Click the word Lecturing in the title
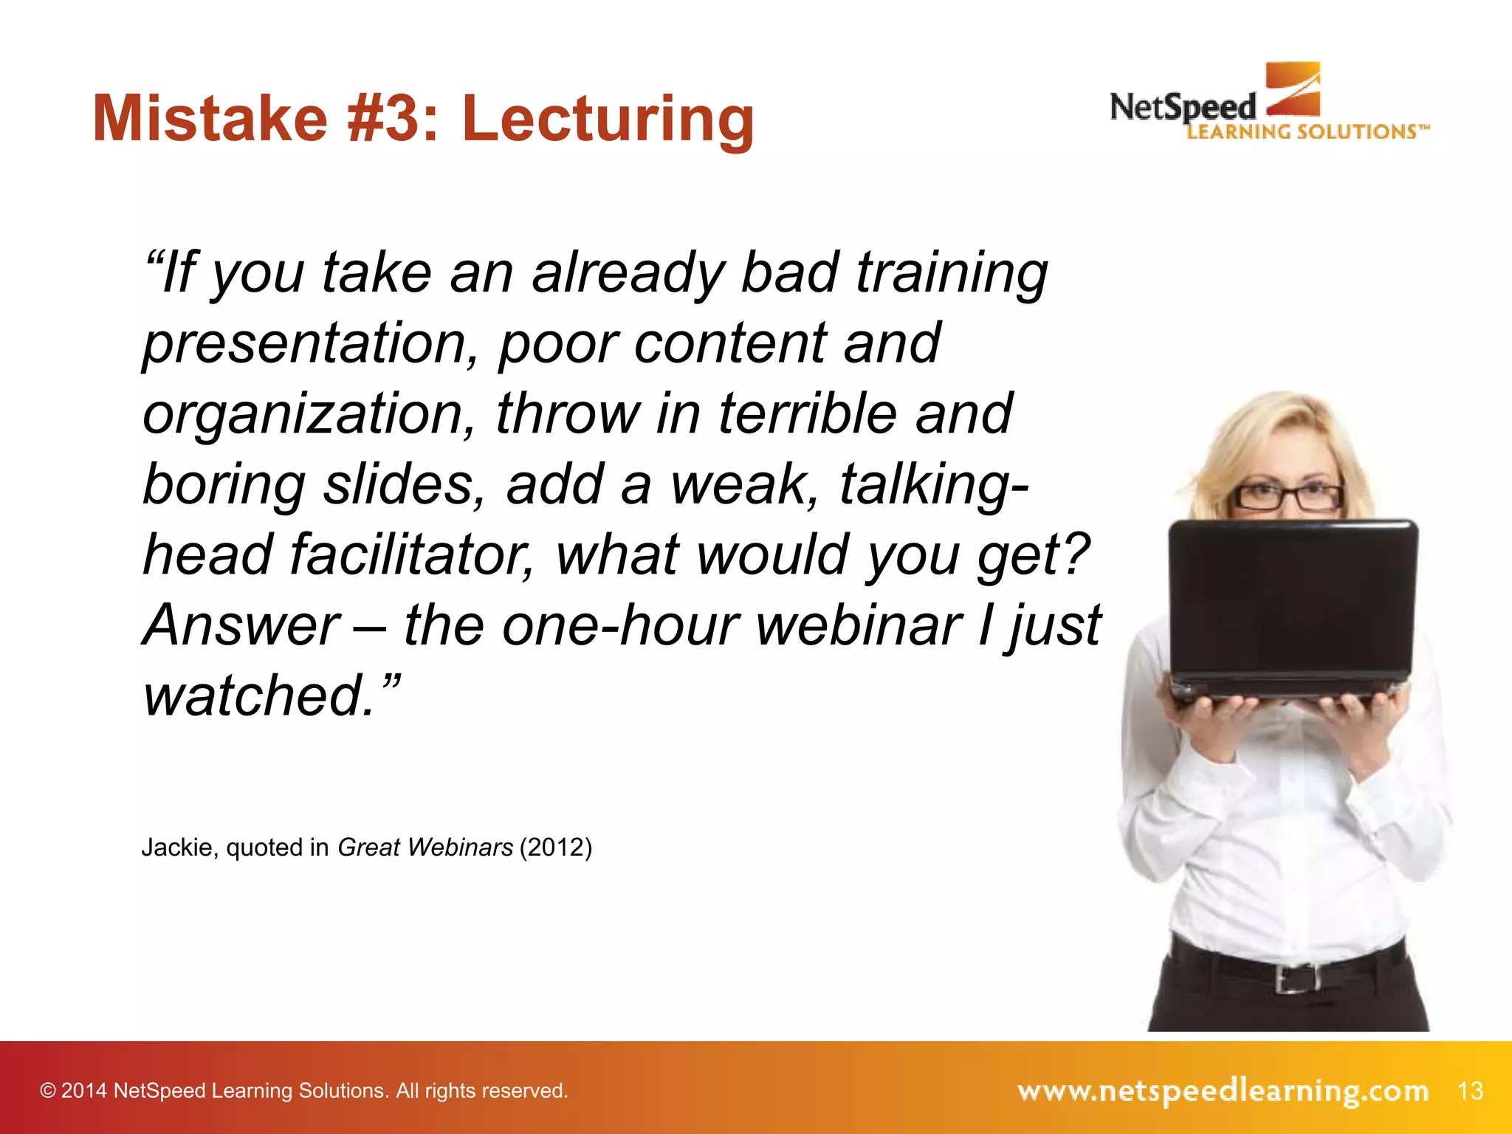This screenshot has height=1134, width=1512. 608,120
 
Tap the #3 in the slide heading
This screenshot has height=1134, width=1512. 382,120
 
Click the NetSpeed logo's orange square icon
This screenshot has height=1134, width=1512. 1293,89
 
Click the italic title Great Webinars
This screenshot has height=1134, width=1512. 425,848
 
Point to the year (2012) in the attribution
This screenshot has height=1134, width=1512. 555,848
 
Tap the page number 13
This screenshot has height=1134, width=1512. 1471,1090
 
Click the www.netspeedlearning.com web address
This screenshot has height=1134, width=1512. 1223,1090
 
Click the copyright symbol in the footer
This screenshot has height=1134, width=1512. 48,1091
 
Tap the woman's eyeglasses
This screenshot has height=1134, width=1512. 1288,496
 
